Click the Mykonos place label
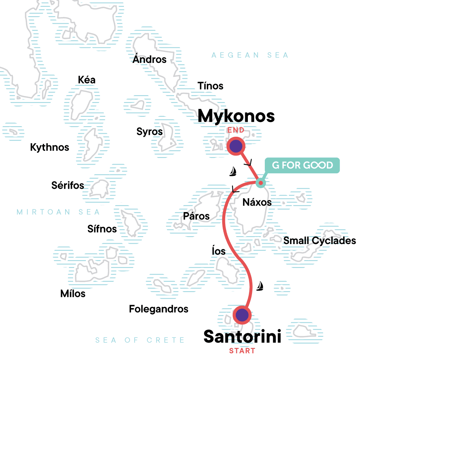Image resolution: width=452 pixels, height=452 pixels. pos(236,116)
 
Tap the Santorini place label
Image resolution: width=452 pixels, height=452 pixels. pos(242,336)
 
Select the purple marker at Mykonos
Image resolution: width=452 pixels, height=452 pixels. pos(236,146)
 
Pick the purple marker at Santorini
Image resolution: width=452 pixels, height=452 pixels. pos(242,315)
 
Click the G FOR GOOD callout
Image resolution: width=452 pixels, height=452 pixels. pos(302,165)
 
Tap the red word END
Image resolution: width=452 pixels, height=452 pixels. pos(236,130)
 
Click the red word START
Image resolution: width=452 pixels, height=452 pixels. pos(242,351)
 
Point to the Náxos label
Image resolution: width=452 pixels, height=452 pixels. pos(257,202)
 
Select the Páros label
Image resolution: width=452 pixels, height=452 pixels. pos(196,216)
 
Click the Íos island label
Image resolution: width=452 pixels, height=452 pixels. pos(218,251)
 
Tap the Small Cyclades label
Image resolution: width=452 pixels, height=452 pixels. pos(319,241)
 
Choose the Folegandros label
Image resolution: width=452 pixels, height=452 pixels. pos(159,309)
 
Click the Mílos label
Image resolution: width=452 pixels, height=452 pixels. pos(73,293)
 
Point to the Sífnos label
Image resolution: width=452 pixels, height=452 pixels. pos(102,229)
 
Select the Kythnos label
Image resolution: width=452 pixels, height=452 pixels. pos(50,147)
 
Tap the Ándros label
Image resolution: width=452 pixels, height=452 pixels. pos(150,59)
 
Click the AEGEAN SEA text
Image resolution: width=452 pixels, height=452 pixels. pos(250,55)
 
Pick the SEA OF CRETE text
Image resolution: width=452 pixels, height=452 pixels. pos(140,340)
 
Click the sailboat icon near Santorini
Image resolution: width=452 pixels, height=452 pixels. pos(260,286)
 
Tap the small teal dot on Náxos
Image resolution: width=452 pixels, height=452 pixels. pos(261,183)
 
